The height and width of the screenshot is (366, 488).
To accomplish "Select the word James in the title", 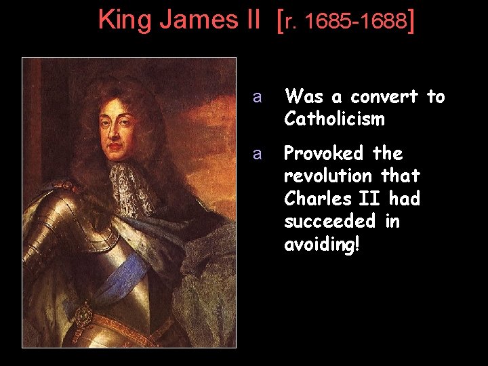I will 192,20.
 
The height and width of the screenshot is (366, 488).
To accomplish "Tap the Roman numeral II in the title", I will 249,20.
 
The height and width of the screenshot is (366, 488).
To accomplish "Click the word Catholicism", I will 335,119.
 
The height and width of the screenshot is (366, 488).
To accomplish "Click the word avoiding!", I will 322,244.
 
